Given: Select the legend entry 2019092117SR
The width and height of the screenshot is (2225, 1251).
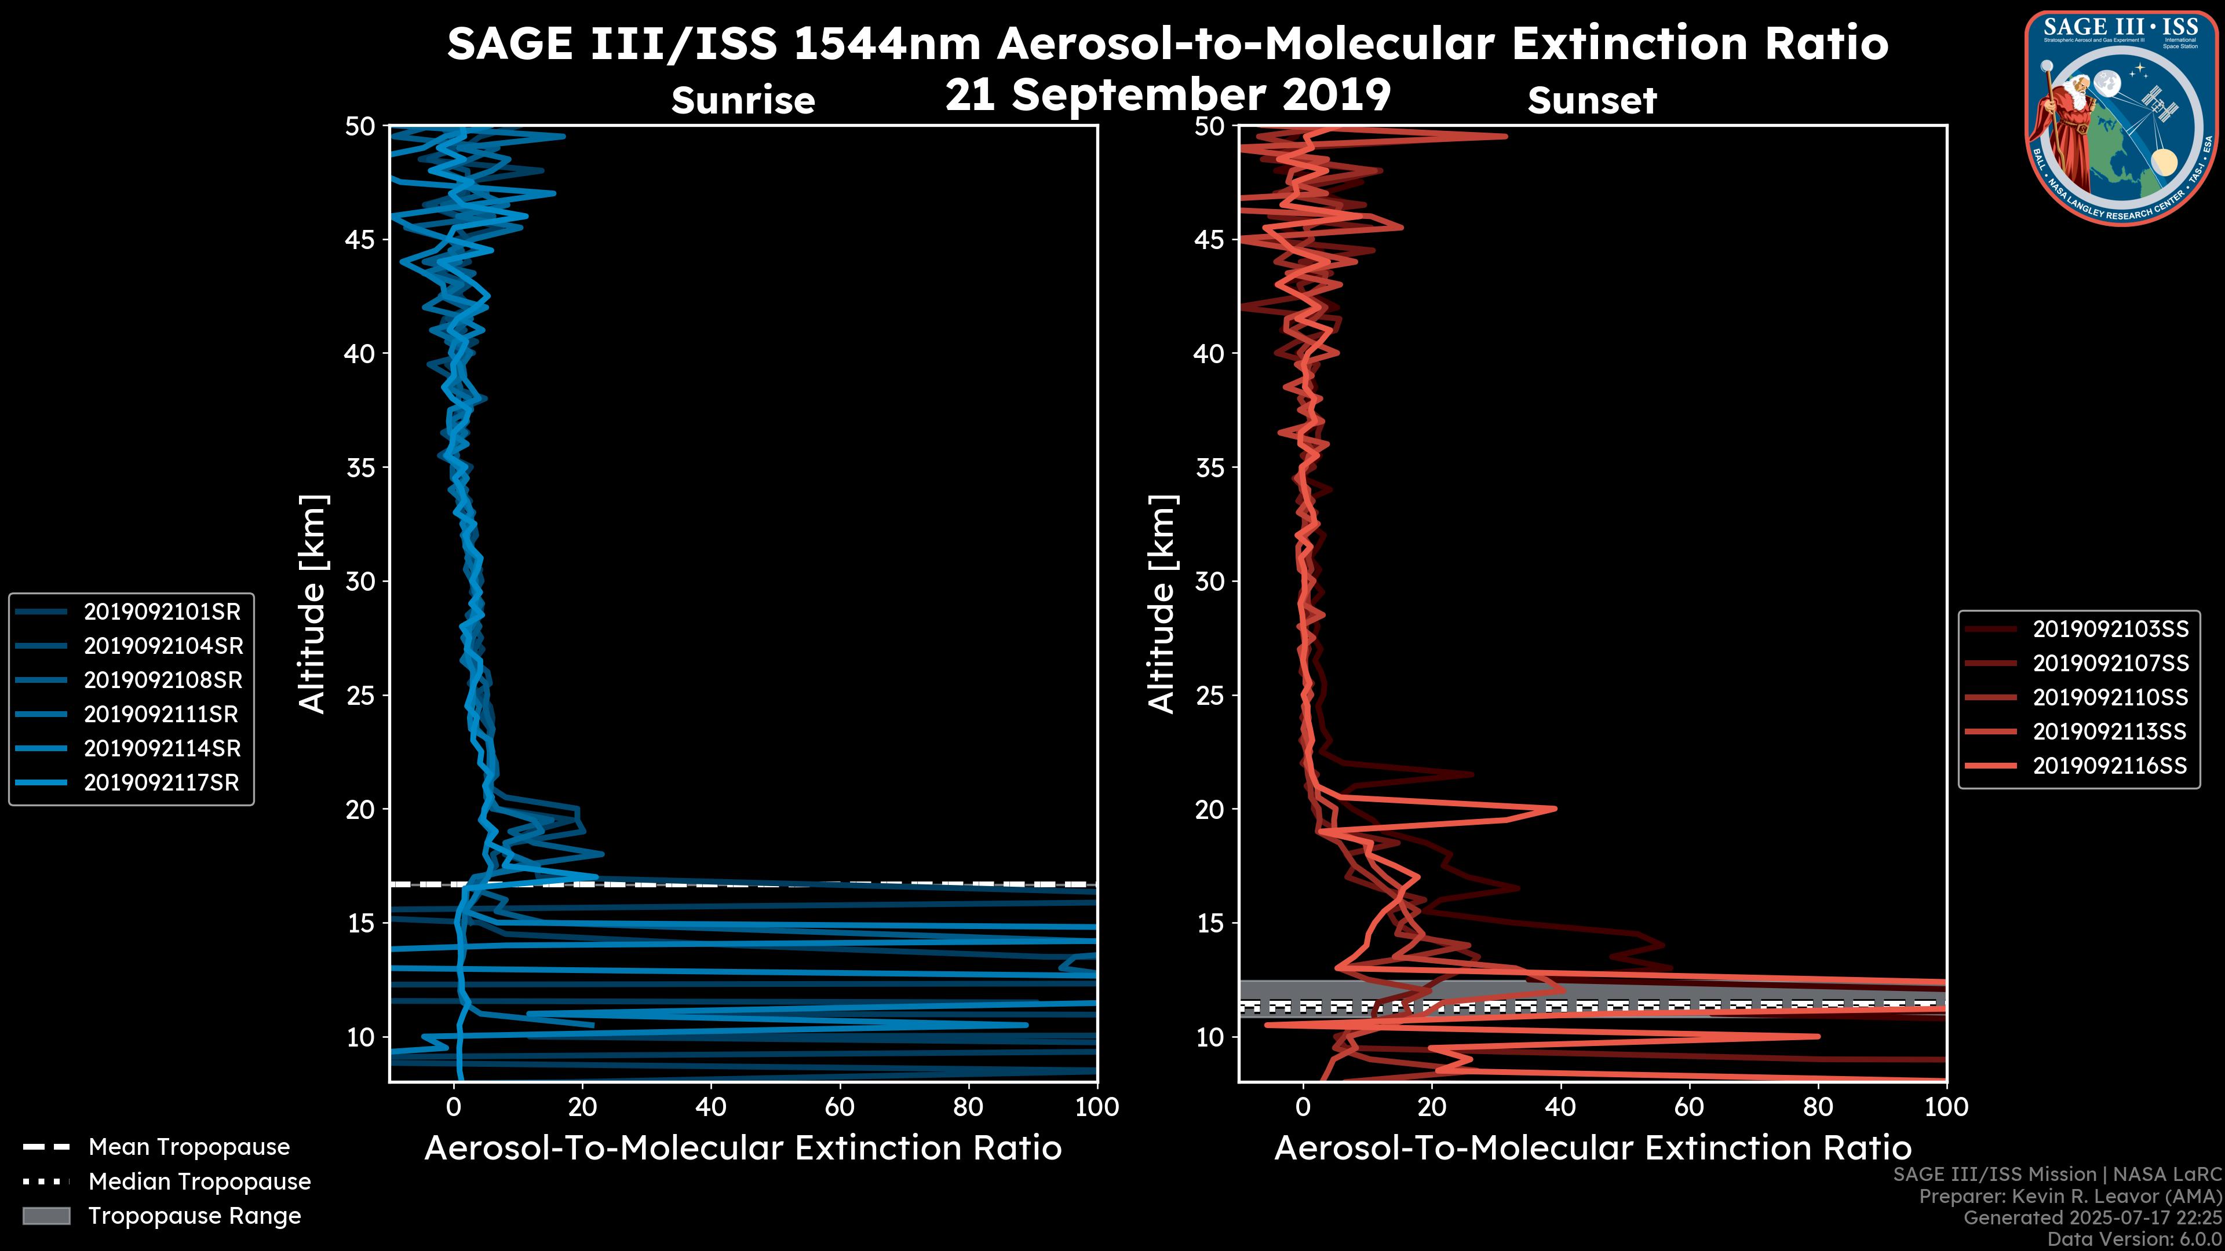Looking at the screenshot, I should tap(162, 783).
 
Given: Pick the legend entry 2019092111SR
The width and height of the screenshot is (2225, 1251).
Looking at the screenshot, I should tap(162, 715).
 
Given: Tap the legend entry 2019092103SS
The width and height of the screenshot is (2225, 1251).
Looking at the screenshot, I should tap(2110, 630).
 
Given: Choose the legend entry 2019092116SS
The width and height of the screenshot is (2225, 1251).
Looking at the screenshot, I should tap(2110, 766).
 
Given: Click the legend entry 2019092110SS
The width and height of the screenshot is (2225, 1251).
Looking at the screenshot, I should tap(2110, 697).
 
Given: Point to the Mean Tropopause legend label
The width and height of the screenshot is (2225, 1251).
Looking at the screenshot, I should tap(189, 1147).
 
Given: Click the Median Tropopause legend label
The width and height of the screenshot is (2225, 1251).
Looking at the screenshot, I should tap(199, 1182).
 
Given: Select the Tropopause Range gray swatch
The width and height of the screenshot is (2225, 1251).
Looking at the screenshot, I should tap(46, 1216).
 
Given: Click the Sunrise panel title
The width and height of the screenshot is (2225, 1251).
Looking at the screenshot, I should tap(743, 101).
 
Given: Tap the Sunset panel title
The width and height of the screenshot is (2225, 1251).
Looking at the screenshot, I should tap(1592, 101).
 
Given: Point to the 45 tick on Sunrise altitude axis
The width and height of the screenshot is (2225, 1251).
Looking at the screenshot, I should tap(361, 239).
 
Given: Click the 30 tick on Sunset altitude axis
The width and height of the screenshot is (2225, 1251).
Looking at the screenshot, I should tap(1211, 581).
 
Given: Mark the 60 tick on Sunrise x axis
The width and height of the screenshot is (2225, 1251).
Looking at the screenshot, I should tap(840, 1107).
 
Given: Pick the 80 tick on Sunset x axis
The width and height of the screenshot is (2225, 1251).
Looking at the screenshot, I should tap(1818, 1107).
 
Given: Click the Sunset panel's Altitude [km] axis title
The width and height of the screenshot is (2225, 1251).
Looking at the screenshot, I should tap(1162, 604).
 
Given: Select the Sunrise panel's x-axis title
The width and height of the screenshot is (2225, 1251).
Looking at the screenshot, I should tap(743, 1148).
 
